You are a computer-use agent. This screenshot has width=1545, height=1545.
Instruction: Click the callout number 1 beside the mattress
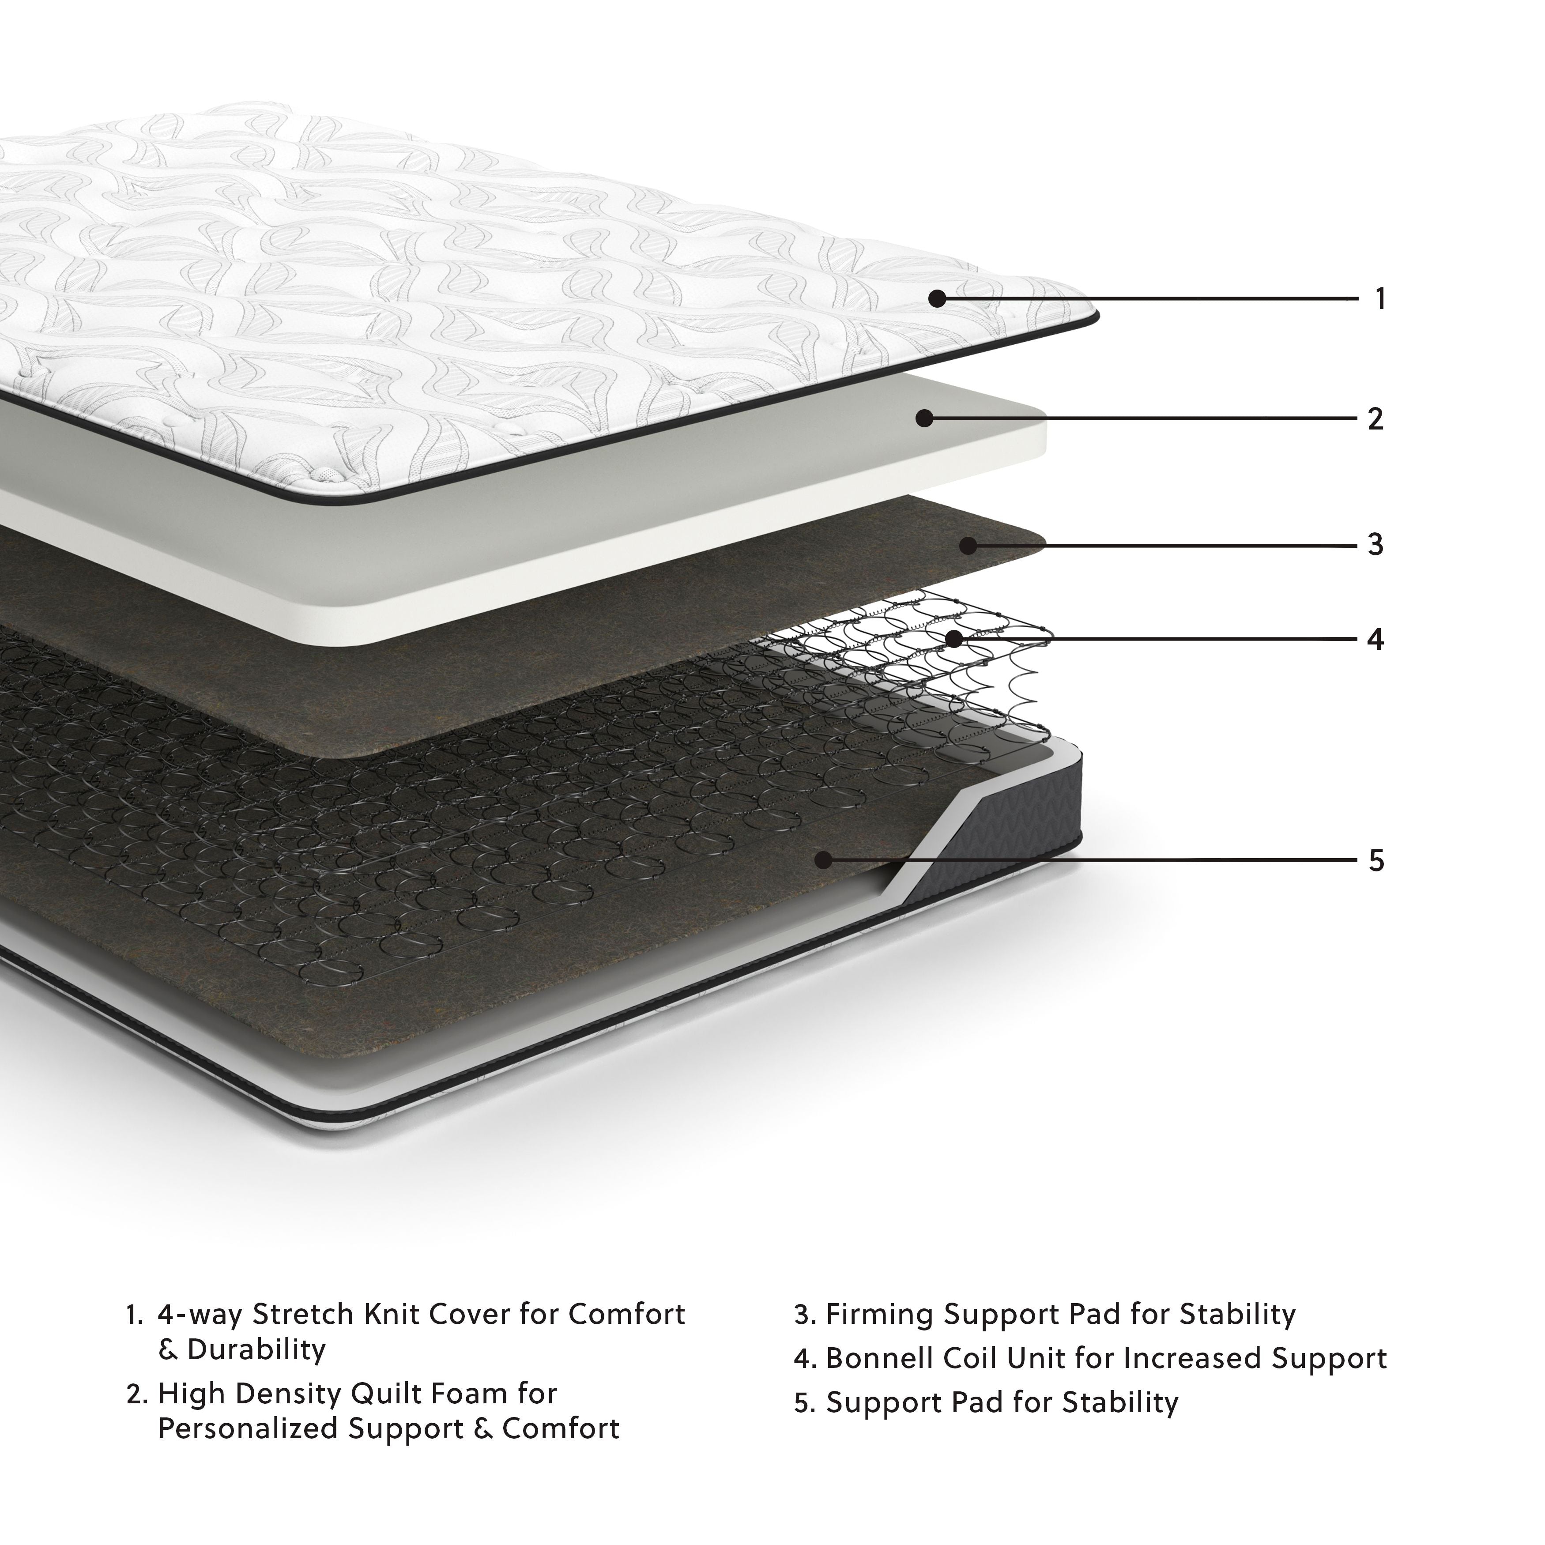1379,299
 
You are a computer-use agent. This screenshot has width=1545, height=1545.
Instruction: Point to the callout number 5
1375,860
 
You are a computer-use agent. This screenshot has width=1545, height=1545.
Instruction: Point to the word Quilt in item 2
386,1394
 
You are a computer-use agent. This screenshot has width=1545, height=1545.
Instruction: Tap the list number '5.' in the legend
804,1403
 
